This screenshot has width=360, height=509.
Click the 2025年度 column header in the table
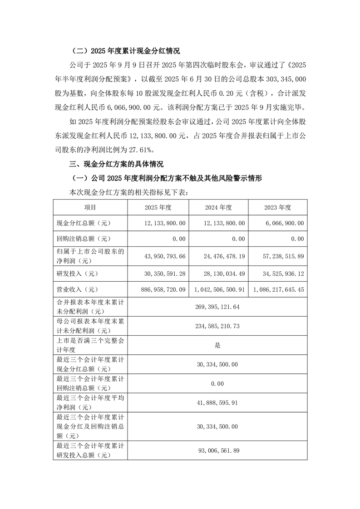click(158, 207)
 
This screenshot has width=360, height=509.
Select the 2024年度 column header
click(218, 207)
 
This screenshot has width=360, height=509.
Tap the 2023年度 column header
click(277, 207)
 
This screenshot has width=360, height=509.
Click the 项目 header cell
click(90, 207)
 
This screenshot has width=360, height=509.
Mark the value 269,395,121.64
click(217, 307)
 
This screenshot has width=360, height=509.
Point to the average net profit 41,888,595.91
click(217, 403)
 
